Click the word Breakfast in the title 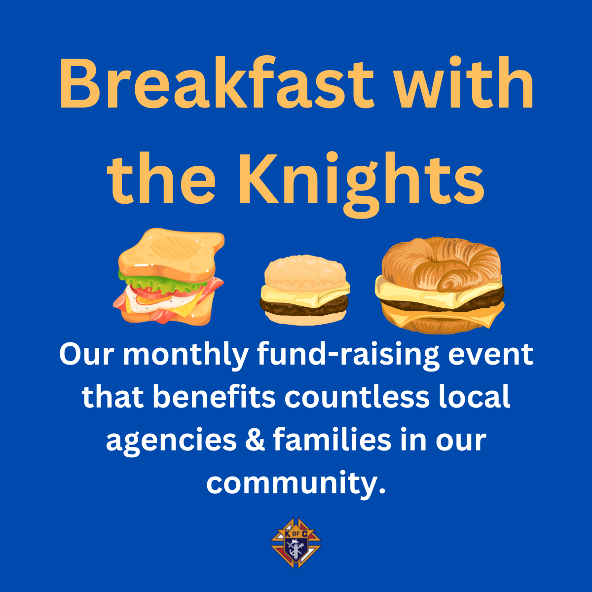(x=216, y=82)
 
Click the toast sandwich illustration (x=169, y=276)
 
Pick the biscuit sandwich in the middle (x=305, y=290)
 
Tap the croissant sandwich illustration (x=440, y=285)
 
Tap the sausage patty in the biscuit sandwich (x=304, y=305)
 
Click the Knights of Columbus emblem (x=296, y=543)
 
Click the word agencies (x=171, y=443)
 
